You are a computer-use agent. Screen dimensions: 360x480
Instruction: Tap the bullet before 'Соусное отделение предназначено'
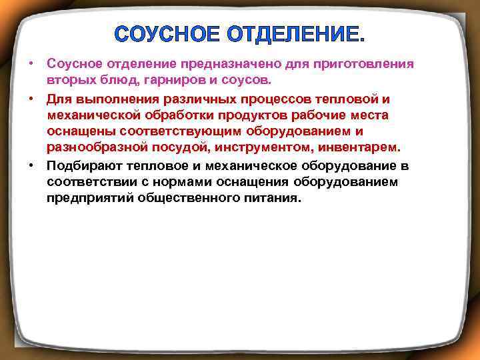point(31,64)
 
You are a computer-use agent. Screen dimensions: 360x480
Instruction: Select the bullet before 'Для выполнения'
point(31,99)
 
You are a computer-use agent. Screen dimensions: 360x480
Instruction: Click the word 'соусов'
point(247,81)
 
